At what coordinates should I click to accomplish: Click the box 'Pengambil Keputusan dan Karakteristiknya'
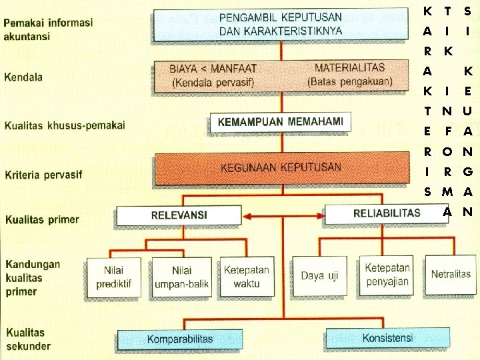[x=281, y=24]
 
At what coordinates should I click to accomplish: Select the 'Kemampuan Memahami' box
[x=281, y=121]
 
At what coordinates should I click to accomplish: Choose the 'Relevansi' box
[x=179, y=215]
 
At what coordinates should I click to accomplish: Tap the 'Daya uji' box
[x=319, y=275]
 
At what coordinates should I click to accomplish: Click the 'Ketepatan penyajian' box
[x=387, y=275]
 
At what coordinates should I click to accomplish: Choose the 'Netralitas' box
[x=451, y=273]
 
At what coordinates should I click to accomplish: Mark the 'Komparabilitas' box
[x=180, y=339]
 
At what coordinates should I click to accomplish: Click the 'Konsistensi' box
[x=387, y=338]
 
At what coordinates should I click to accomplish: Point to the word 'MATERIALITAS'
[x=349, y=68]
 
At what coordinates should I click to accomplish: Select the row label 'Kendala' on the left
[x=23, y=77]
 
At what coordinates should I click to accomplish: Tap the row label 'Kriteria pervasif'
[x=43, y=175]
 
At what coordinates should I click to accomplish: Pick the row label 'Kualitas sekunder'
[x=28, y=339]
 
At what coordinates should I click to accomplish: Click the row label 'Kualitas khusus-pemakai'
[x=65, y=125]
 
